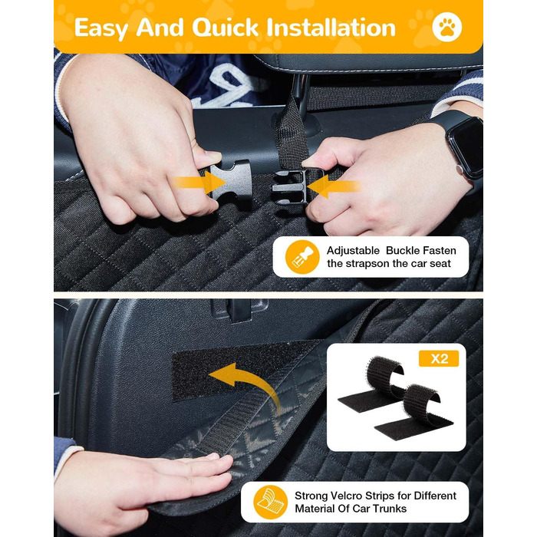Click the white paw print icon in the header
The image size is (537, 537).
(446, 27)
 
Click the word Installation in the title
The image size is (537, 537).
(331, 28)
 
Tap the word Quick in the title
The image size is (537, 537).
(225, 28)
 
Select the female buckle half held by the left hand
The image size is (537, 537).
(231, 180)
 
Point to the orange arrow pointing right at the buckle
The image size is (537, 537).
(199, 183)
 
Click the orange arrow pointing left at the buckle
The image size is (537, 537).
(334, 186)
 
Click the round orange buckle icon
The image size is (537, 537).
(302, 257)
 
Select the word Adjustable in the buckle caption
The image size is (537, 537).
(353, 251)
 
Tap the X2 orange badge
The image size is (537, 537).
(439, 358)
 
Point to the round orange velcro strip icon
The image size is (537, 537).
(271, 502)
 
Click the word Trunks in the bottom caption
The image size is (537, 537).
(390, 509)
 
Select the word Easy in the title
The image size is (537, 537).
(101, 28)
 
